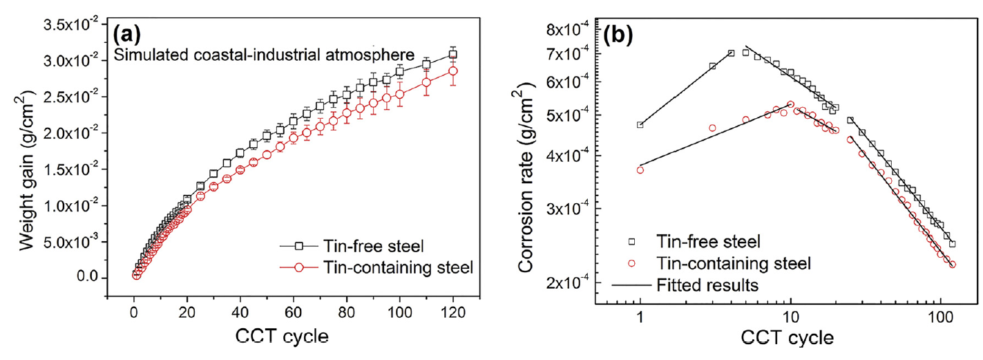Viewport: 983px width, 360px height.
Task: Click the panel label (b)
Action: point(621,35)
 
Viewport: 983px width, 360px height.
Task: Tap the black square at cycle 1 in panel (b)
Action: point(640,125)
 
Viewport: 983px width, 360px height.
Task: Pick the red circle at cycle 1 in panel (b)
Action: point(640,170)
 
